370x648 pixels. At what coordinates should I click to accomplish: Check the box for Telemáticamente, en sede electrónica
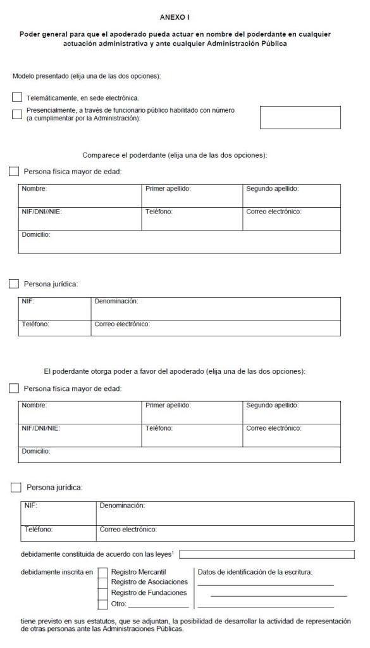pyautogui.click(x=17, y=97)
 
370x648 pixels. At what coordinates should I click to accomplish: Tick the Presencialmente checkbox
pyautogui.click(x=17, y=114)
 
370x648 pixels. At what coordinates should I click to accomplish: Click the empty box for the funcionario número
pyautogui.click(x=300, y=117)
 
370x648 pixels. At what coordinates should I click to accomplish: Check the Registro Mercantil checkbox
pyautogui.click(x=102, y=572)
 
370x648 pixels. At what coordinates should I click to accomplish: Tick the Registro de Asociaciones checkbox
pyautogui.click(x=102, y=582)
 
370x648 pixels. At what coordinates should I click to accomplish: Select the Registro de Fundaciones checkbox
pyautogui.click(x=102, y=593)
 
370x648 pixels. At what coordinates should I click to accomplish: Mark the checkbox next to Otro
pyautogui.click(x=102, y=604)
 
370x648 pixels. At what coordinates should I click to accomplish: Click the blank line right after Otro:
pyautogui.click(x=158, y=606)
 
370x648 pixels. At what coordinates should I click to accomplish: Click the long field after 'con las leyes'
pyautogui.click(x=266, y=554)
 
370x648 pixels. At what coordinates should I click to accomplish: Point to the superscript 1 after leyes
pyautogui.click(x=173, y=552)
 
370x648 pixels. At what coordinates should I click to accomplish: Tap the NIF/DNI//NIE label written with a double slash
pyautogui.click(x=42, y=212)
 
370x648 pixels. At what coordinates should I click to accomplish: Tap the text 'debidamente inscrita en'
pyautogui.click(x=57, y=572)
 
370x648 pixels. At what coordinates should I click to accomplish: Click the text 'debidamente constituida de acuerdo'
pyautogui.click(x=76, y=554)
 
